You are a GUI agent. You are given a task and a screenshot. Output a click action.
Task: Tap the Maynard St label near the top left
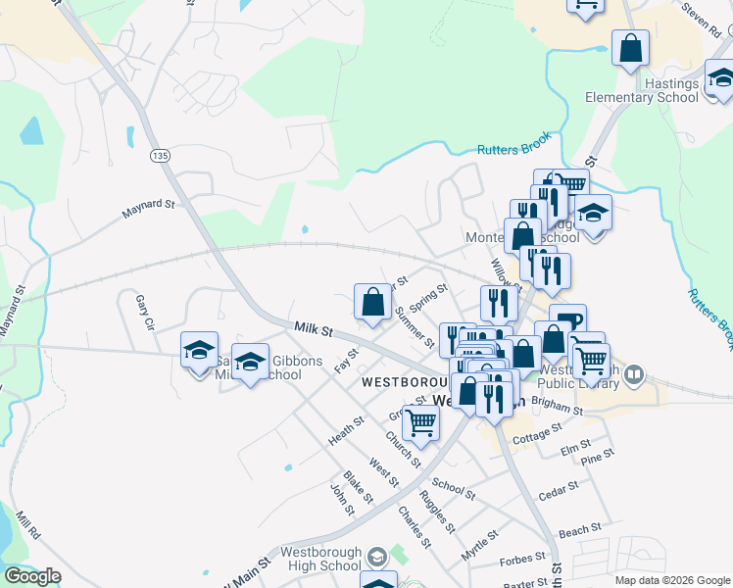coord(148,208)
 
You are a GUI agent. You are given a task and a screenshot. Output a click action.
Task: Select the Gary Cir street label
coord(145,312)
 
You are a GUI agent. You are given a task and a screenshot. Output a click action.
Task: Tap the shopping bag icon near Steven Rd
coord(630,48)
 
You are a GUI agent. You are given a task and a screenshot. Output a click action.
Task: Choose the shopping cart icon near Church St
coord(420,423)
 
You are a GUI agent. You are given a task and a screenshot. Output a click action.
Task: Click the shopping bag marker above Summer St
coord(372,302)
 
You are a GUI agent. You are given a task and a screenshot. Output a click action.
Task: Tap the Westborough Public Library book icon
coord(635,375)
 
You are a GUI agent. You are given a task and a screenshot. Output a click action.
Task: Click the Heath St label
coord(346,430)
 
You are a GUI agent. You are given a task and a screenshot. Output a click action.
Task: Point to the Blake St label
coord(359,488)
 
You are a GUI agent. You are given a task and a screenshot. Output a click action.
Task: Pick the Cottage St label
coord(537,432)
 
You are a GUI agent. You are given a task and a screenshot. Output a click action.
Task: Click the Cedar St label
coord(559,492)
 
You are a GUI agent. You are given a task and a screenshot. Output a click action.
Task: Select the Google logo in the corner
coord(31,576)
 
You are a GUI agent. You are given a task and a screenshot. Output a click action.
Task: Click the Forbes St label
coord(521,560)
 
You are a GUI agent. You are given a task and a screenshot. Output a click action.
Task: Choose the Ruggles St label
coord(436,510)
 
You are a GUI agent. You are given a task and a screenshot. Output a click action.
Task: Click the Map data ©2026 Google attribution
coord(671,580)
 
